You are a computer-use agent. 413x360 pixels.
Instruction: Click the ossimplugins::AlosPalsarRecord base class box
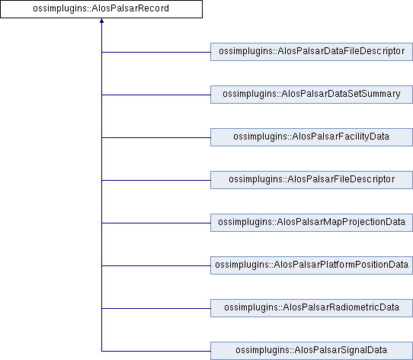point(101,9)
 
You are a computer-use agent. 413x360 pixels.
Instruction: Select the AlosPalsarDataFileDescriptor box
point(312,52)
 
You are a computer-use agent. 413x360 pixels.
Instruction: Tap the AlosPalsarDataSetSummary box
point(312,95)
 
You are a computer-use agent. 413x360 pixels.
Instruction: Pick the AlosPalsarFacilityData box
point(312,137)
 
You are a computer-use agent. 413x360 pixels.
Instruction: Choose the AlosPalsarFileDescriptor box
point(312,180)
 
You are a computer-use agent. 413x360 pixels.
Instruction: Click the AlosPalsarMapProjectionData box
point(312,223)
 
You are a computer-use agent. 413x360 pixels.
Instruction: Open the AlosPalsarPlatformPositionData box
point(312,265)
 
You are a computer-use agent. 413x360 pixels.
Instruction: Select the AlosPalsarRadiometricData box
point(312,308)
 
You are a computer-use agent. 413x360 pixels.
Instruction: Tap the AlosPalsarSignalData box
point(312,351)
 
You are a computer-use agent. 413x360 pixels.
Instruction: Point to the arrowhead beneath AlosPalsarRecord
point(101,21)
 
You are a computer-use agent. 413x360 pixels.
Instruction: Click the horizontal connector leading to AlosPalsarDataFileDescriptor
point(156,52)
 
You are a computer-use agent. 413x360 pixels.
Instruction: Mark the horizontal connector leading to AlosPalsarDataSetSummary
point(156,95)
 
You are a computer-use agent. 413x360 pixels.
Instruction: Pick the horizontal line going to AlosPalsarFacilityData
point(156,138)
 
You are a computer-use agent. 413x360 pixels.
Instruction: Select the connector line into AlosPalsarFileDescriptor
point(156,181)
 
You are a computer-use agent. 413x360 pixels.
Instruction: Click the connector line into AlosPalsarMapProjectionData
point(156,223)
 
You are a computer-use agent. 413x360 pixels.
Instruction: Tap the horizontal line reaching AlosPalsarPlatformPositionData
point(156,266)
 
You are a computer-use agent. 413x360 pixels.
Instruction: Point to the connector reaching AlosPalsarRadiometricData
point(156,309)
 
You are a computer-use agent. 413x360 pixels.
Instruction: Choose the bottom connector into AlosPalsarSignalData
point(156,352)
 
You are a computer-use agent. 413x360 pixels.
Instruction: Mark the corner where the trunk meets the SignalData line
point(101,352)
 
